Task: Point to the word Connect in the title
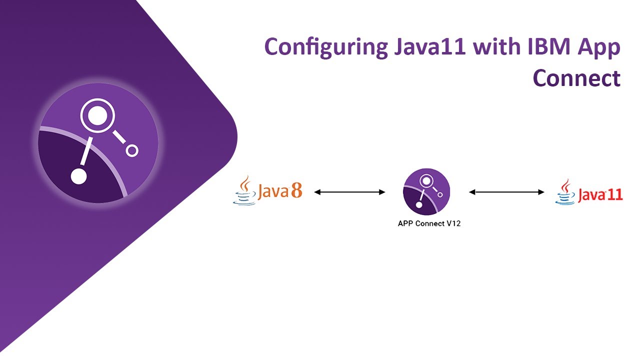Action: [x=576, y=78]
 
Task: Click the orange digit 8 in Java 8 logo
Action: [x=296, y=191]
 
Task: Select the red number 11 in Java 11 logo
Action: [x=614, y=194]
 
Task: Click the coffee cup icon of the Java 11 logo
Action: [x=565, y=192]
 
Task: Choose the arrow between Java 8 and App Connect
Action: [x=349, y=192]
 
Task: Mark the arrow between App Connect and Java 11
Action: [x=506, y=192]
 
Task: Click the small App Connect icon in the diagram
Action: [x=426, y=191]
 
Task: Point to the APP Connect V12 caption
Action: [x=428, y=223]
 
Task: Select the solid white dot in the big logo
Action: [x=78, y=176]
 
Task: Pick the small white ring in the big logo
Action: [x=131, y=150]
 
